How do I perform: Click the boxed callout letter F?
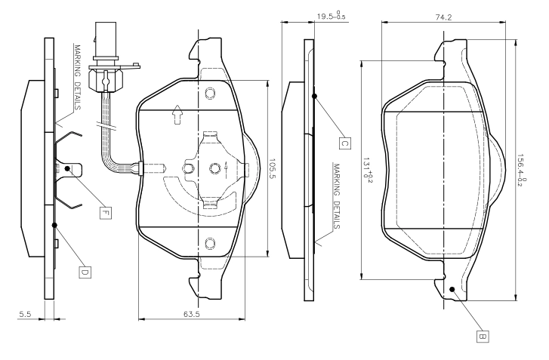coord(106,213)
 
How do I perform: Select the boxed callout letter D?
coord(85,272)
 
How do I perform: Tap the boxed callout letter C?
coord(345,143)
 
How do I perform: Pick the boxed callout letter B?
coord(483,337)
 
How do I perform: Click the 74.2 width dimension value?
coord(443,17)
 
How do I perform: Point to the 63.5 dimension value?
coord(192,314)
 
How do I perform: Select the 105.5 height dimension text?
coord(273,168)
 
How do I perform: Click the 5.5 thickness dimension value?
coord(25,314)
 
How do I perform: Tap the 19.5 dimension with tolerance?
coord(332,16)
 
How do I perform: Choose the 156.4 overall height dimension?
coord(522,170)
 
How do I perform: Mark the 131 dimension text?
coord(367,168)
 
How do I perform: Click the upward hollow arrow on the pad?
coord(177,115)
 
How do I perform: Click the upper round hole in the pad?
coord(210,93)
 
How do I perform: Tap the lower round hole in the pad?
coord(210,243)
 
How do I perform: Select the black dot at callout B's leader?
coord(452,289)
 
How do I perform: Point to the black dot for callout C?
coord(314,96)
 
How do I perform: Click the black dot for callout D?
coord(54,225)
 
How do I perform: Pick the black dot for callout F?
coord(67,168)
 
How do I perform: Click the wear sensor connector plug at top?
coord(105,39)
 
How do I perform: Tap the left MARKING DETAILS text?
coord(77,77)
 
